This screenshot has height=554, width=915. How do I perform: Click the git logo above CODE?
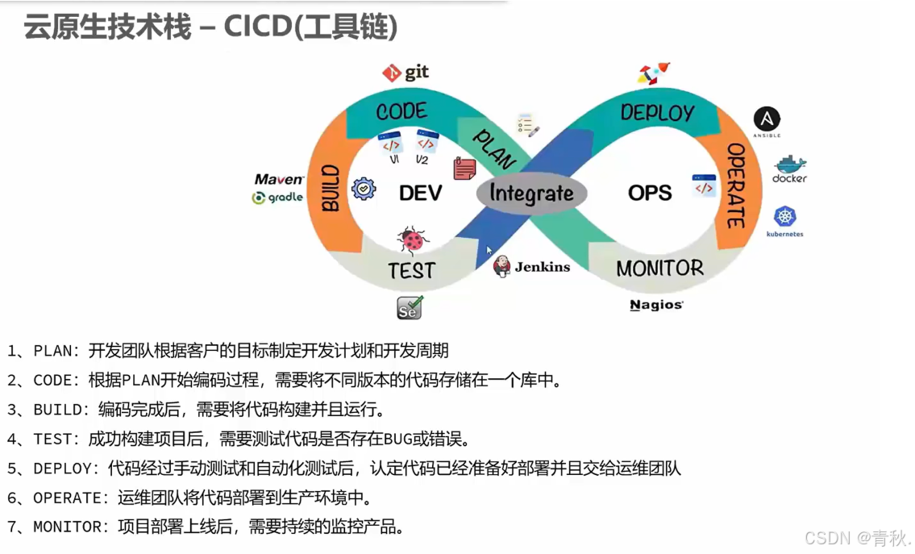pos(405,73)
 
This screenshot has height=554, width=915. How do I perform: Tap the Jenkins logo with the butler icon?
pos(531,267)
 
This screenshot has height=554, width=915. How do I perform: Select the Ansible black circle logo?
pos(766,119)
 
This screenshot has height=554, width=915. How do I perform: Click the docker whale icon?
pos(789,164)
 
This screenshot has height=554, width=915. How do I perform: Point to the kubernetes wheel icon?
pos(785,217)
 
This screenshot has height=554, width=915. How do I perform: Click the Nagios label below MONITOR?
pos(656,305)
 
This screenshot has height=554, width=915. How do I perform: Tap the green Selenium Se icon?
pos(410,308)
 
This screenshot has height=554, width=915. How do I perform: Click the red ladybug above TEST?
pos(413,240)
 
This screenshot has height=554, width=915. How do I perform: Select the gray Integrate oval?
pos(531,194)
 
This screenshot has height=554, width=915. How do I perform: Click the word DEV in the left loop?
pos(420,194)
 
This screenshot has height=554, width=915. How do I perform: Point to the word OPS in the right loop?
pos(650,193)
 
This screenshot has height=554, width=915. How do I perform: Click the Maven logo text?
pos(279,179)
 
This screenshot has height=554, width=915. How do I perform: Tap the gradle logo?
pos(277,198)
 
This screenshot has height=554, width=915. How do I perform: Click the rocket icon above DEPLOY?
pos(654,73)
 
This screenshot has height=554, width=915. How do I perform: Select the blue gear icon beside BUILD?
pos(364,189)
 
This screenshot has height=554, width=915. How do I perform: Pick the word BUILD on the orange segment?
pos(331,188)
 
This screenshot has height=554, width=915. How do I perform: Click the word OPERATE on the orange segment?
pos(735,185)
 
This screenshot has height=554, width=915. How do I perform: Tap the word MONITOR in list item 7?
pos(71,527)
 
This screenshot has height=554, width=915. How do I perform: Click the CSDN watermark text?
pos(827,538)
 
